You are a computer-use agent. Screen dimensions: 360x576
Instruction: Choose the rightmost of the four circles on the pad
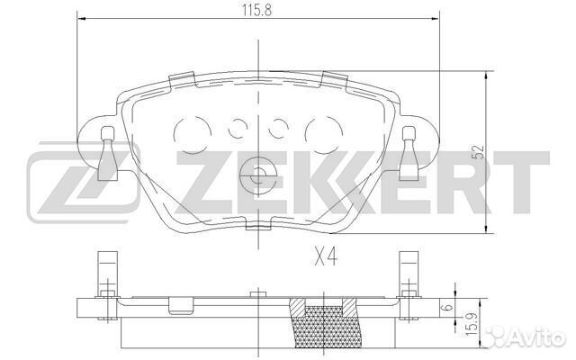pyautogui.click(x=320, y=133)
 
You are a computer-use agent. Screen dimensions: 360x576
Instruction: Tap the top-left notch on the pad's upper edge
pyautogui.click(x=179, y=80)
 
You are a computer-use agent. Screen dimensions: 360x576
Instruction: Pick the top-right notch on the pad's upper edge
pyautogui.click(x=337, y=80)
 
